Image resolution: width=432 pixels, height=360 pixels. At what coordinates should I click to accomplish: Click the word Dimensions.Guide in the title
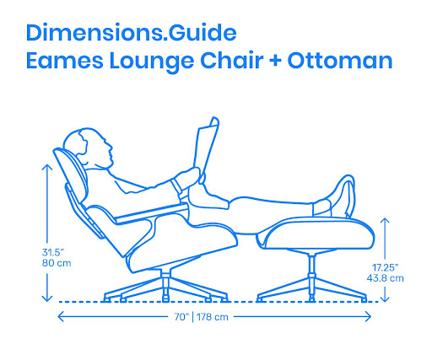(x=132, y=33)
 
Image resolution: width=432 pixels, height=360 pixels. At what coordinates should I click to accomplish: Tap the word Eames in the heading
(x=65, y=61)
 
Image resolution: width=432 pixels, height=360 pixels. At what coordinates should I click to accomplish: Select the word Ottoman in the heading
(x=340, y=61)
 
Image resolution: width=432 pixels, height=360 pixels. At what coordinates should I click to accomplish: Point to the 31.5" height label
(x=53, y=252)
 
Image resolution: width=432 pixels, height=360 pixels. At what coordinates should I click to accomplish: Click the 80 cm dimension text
(x=57, y=263)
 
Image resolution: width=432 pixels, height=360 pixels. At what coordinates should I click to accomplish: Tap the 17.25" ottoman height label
(x=386, y=267)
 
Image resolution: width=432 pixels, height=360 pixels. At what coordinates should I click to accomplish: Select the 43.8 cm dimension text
(x=385, y=278)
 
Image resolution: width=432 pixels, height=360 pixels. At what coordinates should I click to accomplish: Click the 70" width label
(x=181, y=317)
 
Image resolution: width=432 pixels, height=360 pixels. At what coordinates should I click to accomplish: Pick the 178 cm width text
(x=213, y=317)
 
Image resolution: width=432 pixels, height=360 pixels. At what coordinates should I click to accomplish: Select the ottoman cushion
(x=318, y=234)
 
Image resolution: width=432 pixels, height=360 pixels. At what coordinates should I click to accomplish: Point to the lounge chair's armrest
(x=152, y=213)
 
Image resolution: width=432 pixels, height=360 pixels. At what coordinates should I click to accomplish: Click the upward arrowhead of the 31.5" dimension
(x=47, y=168)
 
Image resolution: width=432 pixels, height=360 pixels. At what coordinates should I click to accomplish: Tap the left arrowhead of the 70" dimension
(x=61, y=317)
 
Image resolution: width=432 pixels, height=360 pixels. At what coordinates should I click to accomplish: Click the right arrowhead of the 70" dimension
(x=368, y=317)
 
